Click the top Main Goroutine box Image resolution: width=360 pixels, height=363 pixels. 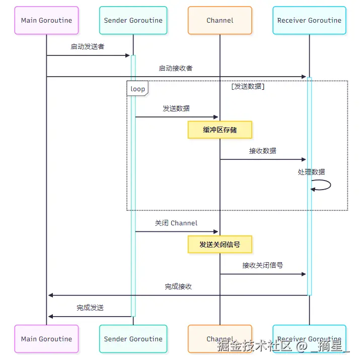point(46,21)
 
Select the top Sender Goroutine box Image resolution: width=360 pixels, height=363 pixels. point(133,21)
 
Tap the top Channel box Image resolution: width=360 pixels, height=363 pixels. point(220,21)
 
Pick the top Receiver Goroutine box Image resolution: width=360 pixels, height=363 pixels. point(309,21)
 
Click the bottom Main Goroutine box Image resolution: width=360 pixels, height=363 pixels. point(46,339)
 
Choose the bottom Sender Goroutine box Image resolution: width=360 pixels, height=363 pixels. point(133,339)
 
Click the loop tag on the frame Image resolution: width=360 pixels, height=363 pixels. point(137,89)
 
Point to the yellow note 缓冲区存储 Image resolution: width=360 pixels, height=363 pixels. point(220,130)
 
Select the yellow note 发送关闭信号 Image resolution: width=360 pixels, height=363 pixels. point(220,245)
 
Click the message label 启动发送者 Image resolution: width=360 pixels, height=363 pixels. point(88,47)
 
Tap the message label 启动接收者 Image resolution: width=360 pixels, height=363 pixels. point(176,68)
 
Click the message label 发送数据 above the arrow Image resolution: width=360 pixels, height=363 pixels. point(176,108)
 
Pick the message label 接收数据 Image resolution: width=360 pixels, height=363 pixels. point(262,151)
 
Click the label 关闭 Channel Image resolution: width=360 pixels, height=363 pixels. point(176,223)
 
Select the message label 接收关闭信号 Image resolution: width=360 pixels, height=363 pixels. point(262,265)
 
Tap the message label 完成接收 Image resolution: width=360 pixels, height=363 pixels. point(178,286)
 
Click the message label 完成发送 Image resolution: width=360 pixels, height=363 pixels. point(90,308)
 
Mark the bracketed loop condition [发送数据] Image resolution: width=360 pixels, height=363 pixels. point(248,87)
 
